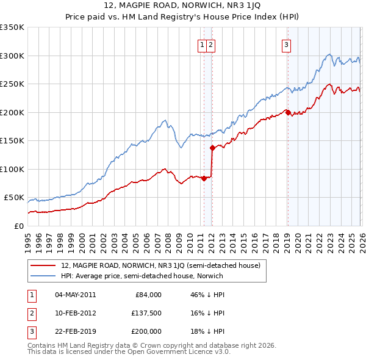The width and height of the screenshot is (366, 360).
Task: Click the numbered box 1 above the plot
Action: point(202,44)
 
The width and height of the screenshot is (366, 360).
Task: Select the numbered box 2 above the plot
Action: point(210,44)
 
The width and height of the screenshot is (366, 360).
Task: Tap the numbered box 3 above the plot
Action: point(286,44)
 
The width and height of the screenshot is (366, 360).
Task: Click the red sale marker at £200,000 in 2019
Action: point(287,112)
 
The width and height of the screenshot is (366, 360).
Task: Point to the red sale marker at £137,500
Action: point(212,148)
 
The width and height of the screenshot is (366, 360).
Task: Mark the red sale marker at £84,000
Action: point(204,178)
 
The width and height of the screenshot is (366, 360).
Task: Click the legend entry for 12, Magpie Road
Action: point(161,265)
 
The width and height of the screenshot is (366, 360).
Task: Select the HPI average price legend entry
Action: point(142,276)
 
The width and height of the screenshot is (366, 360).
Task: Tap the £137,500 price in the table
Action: point(146,312)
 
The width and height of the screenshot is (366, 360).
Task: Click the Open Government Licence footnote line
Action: point(129,353)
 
